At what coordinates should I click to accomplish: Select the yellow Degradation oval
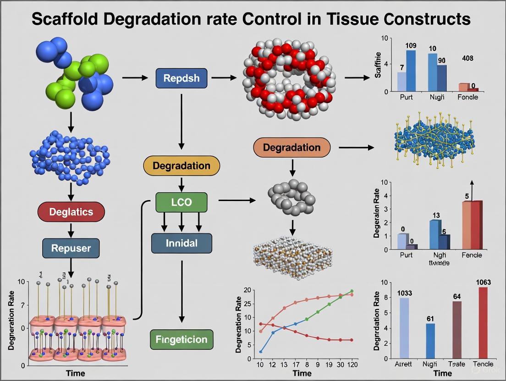tap(181, 165)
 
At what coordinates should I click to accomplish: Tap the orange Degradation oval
tap(292, 147)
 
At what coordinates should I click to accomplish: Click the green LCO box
tap(181, 202)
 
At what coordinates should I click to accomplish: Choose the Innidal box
tap(181, 243)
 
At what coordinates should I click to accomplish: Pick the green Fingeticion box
tap(181, 340)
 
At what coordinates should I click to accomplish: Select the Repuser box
tap(71, 249)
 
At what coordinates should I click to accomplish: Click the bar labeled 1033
tap(405, 327)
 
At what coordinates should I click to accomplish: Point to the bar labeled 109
tap(411, 71)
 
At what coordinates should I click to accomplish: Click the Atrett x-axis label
tap(404, 364)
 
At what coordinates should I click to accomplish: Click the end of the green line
tap(352, 291)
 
